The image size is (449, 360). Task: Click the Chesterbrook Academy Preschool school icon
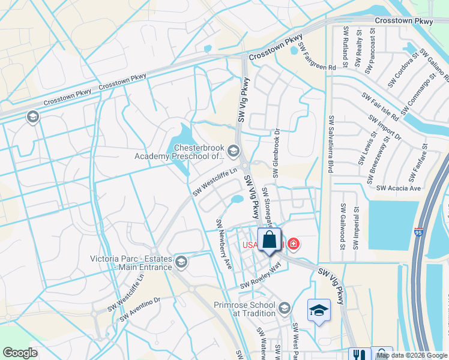[234, 151]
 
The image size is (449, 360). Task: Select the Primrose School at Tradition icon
[284, 308]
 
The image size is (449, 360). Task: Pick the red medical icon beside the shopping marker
[294, 244]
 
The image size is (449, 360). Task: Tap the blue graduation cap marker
[319, 310]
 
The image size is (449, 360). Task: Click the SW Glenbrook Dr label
[277, 154]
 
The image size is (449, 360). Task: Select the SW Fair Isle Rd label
[381, 106]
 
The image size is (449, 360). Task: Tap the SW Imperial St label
[357, 228]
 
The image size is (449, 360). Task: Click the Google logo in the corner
[20, 353]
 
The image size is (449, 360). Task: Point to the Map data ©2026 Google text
[411, 355]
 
